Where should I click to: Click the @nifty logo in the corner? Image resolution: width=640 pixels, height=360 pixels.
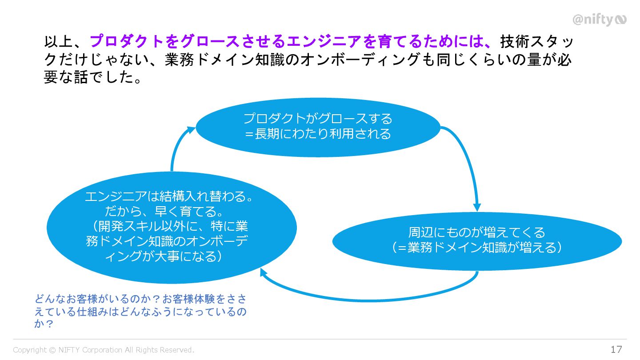599,20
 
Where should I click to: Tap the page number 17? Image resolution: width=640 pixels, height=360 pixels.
616,349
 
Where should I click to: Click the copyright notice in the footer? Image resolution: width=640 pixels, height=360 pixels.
104,350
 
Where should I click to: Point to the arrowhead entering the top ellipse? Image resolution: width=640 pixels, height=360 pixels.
191,129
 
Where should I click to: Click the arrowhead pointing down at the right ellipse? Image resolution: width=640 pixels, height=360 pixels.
477,207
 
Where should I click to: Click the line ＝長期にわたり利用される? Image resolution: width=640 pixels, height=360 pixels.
318,134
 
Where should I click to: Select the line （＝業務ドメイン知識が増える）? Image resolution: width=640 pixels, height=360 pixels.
477,248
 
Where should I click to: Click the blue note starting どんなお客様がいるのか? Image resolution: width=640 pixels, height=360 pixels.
140,311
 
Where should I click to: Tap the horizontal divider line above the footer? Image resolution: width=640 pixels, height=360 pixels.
320,339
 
